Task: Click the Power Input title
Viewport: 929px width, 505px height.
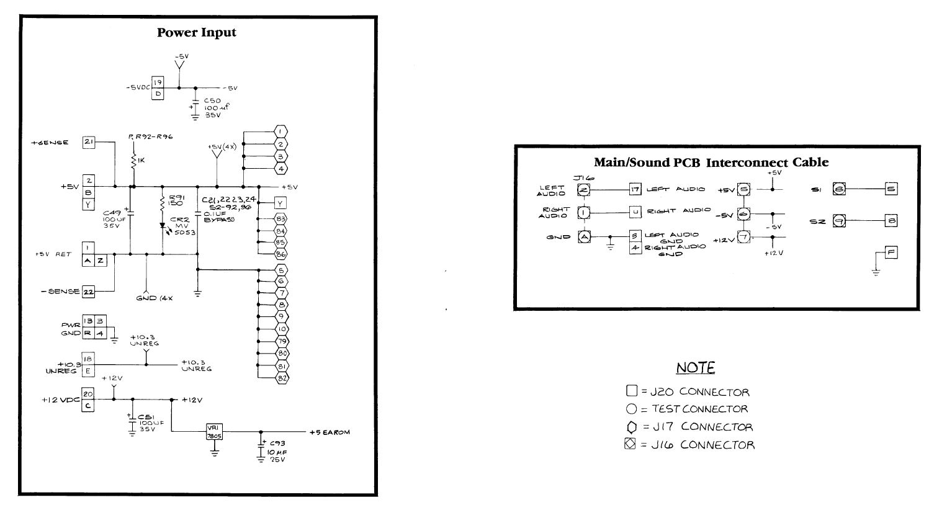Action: (196, 32)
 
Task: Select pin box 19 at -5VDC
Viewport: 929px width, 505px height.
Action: (158, 82)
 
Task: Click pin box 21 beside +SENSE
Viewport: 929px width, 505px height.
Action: (89, 143)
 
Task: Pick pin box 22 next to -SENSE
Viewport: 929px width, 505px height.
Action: (89, 292)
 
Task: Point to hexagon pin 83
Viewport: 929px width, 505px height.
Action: (281, 218)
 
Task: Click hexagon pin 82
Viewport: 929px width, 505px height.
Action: (281, 377)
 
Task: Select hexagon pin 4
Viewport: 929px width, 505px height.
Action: (281, 168)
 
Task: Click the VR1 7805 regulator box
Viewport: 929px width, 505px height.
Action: (215, 431)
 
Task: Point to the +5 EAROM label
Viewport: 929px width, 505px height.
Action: (329, 432)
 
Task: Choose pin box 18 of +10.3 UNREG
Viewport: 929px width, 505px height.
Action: (88, 359)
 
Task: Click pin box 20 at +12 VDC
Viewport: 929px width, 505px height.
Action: (88, 393)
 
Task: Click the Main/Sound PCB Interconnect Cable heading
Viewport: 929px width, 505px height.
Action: (711, 163)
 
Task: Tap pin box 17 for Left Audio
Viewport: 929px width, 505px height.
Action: (634, 189)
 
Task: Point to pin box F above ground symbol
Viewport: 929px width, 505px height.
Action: (892, 252)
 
